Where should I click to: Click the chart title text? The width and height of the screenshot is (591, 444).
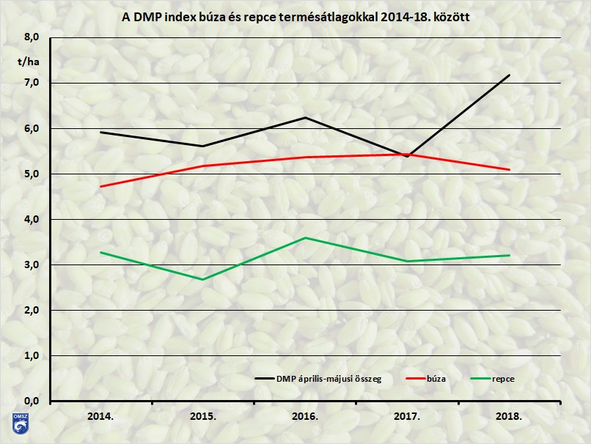(295, 15)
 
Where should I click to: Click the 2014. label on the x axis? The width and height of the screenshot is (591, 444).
(100, 416)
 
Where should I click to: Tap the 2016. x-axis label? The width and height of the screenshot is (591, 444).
(305, 416)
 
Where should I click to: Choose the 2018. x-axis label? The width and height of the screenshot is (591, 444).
(509, 416)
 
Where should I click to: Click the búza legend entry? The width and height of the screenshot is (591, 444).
(435, 378)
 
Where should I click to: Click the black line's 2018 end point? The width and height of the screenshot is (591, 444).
(509, 75)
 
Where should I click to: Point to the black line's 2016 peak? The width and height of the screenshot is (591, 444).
(305, 117)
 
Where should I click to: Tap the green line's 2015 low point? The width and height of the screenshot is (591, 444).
(202, 279)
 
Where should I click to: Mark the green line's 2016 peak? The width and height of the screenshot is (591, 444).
(305, 237)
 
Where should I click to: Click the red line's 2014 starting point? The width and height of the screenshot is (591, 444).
(100, 186)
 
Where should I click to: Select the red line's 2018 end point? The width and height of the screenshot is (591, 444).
(509, 169)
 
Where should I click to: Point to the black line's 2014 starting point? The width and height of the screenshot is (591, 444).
(100, 132)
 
